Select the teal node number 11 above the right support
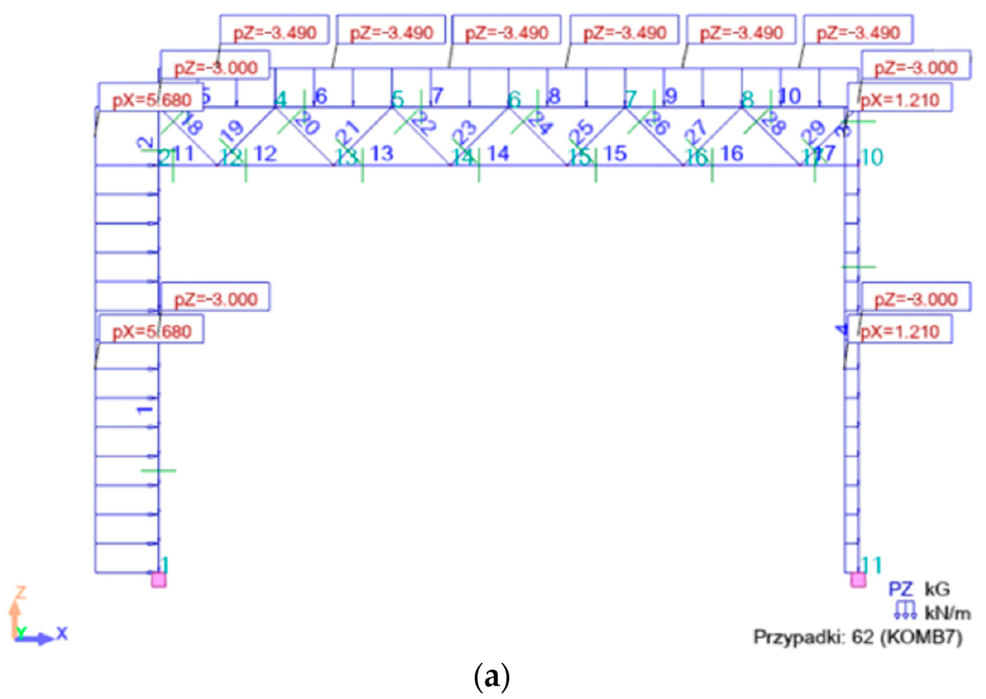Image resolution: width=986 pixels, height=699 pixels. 871,565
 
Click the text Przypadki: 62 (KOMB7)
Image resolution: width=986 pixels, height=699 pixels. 858,637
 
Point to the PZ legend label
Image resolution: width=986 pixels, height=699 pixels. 901,589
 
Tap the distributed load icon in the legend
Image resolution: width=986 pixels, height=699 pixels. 905,610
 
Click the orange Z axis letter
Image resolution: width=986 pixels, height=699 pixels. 20,593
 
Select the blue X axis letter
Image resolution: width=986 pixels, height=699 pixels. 62,633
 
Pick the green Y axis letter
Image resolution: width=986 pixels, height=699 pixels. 20,632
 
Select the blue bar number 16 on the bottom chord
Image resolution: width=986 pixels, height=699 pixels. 732,153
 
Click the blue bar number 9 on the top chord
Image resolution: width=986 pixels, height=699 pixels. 670,96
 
